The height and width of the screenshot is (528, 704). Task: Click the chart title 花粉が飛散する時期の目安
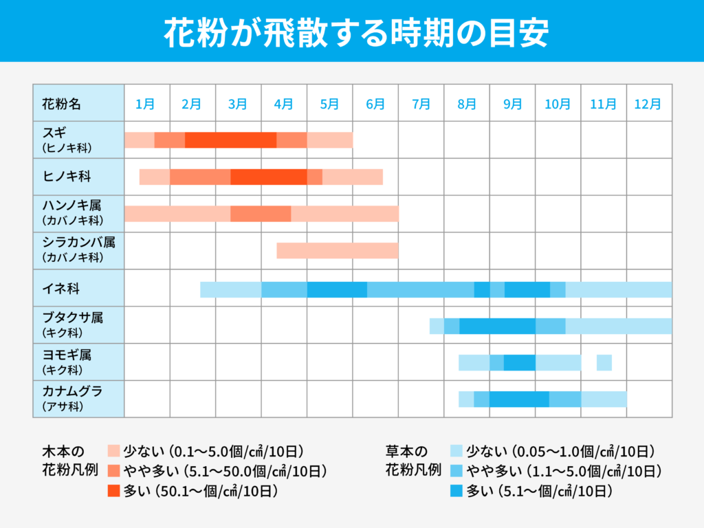click(352, 32)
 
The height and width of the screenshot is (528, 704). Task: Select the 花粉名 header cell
click(61, 104)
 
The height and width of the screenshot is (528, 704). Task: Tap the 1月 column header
click(146, 104)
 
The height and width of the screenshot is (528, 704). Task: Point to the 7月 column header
click(421, 104)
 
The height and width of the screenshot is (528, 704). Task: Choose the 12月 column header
click(648, 104)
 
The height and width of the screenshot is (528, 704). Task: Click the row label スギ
click(54, 133)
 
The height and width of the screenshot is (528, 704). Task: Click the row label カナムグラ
click(72, 391)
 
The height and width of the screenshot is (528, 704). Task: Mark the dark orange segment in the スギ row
click(230, 140)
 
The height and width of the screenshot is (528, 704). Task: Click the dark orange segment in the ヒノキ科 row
click(268, 177)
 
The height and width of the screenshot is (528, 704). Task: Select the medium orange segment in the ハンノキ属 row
click(261, 213)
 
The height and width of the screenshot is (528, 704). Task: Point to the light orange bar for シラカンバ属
click(337, 250)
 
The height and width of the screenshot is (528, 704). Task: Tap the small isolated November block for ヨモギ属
click(604, 362)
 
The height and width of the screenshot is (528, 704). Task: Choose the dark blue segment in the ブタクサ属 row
click(497, 326)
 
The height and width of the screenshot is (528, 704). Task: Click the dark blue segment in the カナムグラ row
click(519, 399)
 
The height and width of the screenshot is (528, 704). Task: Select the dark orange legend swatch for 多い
click(114, 491)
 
